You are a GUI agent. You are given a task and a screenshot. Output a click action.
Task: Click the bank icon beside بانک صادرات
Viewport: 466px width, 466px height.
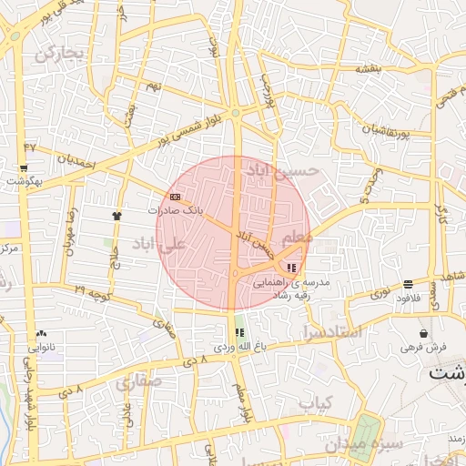(x=175, y=197)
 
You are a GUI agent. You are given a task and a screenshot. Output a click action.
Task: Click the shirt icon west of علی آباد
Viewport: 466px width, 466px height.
(x=116, y=215)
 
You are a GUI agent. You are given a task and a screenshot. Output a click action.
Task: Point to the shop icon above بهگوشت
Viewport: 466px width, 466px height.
(x=23, y=168)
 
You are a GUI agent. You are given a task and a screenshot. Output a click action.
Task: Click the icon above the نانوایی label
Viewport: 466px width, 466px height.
(x=42, y=333)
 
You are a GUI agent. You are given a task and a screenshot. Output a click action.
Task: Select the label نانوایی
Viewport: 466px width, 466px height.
(x=43, y=347)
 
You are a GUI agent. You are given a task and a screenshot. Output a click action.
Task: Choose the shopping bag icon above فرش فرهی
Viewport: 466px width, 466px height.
(x=424, y=333)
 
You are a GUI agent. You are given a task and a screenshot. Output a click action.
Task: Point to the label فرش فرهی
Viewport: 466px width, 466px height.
(x=423, y=347)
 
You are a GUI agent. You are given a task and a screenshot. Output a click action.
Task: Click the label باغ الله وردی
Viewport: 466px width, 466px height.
(x=239, y=347)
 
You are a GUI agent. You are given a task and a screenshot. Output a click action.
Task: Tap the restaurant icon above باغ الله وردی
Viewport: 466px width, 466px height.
(x=239, y=333)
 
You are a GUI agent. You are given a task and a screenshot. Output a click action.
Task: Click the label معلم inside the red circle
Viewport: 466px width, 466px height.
(x=298, y=237)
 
